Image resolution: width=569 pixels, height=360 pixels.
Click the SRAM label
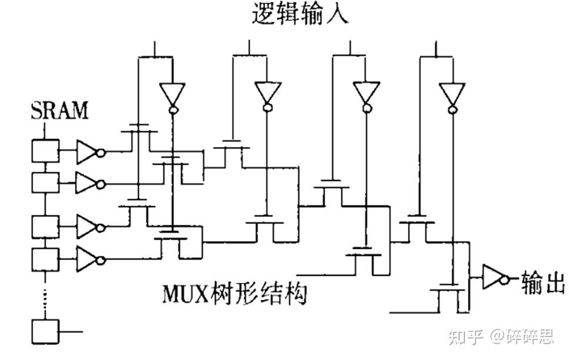59,110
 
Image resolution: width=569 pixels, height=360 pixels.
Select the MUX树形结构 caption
235,292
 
